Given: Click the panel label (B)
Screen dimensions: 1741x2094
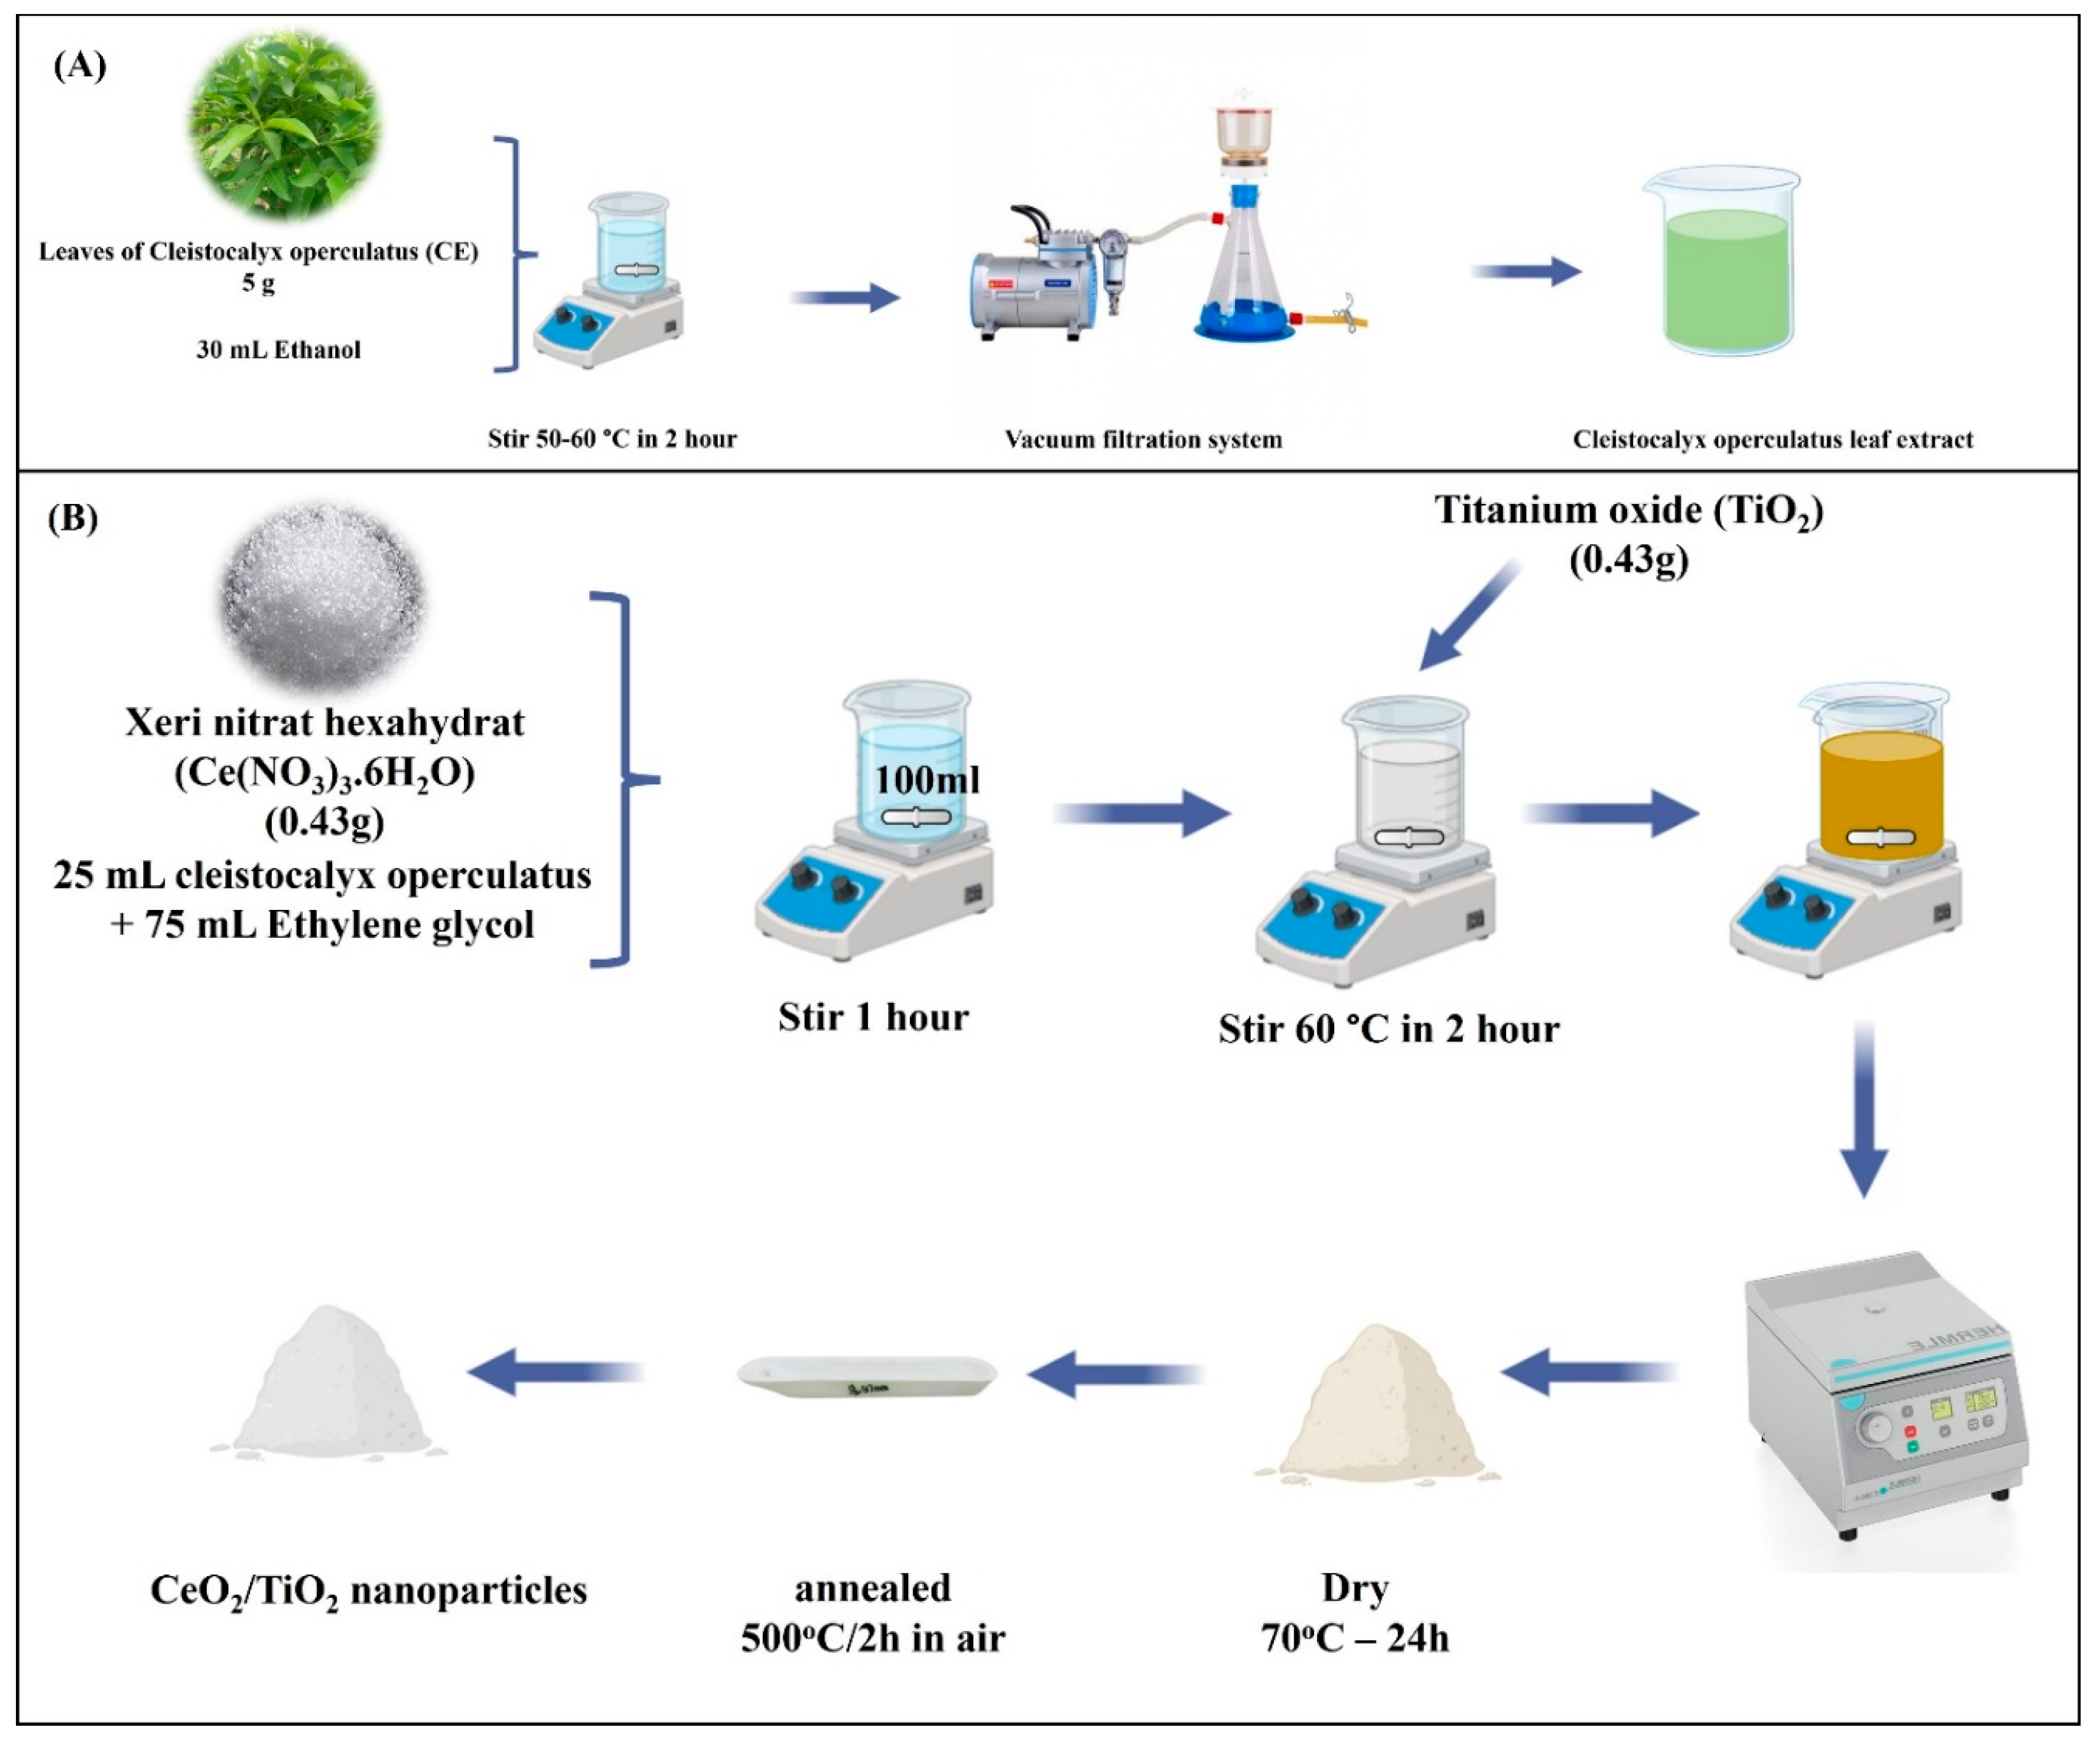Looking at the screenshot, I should [x=73, y=519].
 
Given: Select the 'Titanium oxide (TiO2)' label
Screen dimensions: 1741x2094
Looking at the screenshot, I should [x=1628, y=510].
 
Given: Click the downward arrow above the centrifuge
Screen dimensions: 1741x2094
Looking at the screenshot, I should [x=1862, y=1107].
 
